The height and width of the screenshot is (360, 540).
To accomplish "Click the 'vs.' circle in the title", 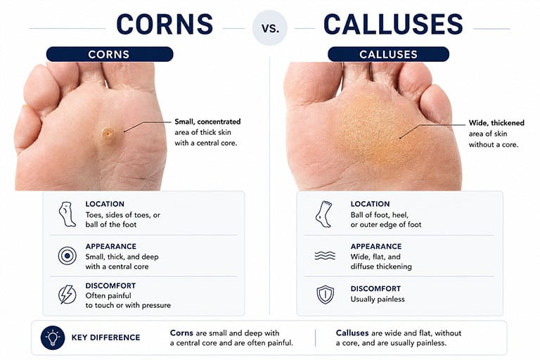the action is [x=270, y=28].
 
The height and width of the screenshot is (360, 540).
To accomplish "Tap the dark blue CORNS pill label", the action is [x=110, y=54].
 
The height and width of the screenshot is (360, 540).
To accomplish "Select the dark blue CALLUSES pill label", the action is [x=388, y=54].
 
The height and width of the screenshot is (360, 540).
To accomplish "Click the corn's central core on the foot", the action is [x=108, y=134].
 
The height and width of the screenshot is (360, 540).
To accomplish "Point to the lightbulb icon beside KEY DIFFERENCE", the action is [x=53, y=337].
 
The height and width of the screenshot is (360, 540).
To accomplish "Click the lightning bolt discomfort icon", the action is [x=67, y=295].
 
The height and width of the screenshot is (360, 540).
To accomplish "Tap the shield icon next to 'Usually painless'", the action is [x=325, y=295].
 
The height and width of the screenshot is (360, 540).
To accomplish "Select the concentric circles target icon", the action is [x=67, y=256].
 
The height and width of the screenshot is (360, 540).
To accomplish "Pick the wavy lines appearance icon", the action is [x=325, y=256].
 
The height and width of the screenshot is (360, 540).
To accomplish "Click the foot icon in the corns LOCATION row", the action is [x=67, y=214].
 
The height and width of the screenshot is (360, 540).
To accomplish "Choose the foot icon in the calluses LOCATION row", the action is [x=323, y=214].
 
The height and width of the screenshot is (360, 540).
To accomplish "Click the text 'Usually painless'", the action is [x=378, y=300].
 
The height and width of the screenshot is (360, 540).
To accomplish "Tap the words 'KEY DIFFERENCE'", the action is [x=105, y=337].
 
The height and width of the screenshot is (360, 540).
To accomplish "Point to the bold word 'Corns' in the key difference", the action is [x=181, y=333].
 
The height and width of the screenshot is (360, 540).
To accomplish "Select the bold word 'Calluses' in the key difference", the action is [x=352, y=333].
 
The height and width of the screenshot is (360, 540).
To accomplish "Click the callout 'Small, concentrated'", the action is [x=207, y=122].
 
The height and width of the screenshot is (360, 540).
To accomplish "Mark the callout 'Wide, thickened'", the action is [x=496, y=123].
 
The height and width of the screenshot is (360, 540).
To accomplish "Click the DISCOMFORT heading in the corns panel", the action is [x=110, y=285].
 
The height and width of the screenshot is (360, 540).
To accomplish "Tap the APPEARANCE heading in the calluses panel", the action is [x=376, y=246].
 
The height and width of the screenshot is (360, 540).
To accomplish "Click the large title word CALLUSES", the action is [x=393, y=24].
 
